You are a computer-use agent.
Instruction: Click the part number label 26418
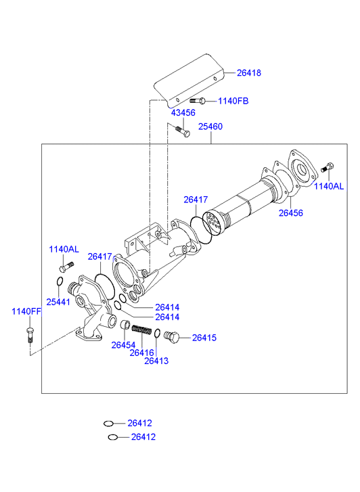249,73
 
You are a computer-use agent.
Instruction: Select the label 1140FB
233,101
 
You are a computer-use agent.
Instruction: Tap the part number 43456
183,112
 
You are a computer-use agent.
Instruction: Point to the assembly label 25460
210,127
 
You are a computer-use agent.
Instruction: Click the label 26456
291,213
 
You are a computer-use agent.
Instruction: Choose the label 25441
58,302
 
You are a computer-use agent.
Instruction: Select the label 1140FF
26,311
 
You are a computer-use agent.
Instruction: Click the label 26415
204,338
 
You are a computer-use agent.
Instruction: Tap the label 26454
123,345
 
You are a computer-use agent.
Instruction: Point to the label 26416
142,353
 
